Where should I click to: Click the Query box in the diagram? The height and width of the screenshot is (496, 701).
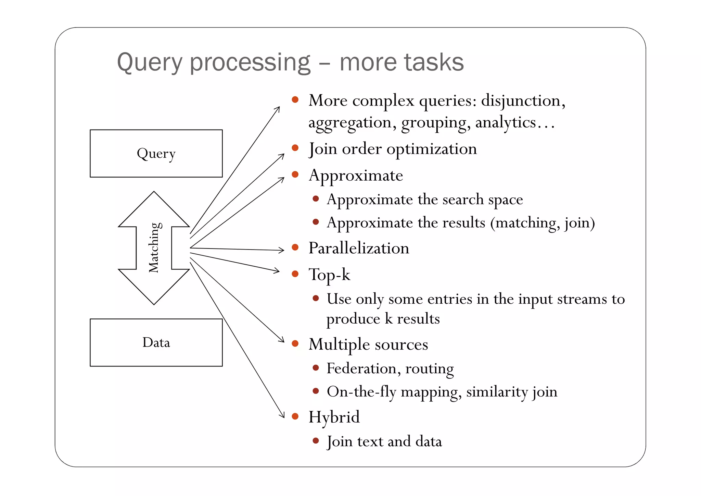point(156,154)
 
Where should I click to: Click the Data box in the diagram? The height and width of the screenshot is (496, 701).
point(156,342)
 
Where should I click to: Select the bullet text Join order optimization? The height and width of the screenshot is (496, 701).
point(393,149)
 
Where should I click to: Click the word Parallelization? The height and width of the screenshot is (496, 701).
point(359,248)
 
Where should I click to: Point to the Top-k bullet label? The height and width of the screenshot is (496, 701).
point(329,275)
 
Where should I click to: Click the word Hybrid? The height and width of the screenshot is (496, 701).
point(334,417)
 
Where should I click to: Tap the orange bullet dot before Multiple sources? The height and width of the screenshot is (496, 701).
point(295,343)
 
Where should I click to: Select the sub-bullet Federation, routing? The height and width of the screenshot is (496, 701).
point(390,368)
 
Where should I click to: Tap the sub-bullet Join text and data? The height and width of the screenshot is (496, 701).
point(384,441)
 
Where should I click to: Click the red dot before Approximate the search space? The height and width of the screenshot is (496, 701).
point(316,199)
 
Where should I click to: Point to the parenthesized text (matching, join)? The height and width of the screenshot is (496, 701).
point(542,223)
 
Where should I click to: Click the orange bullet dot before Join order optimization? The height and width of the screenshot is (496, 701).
point(295,148)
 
